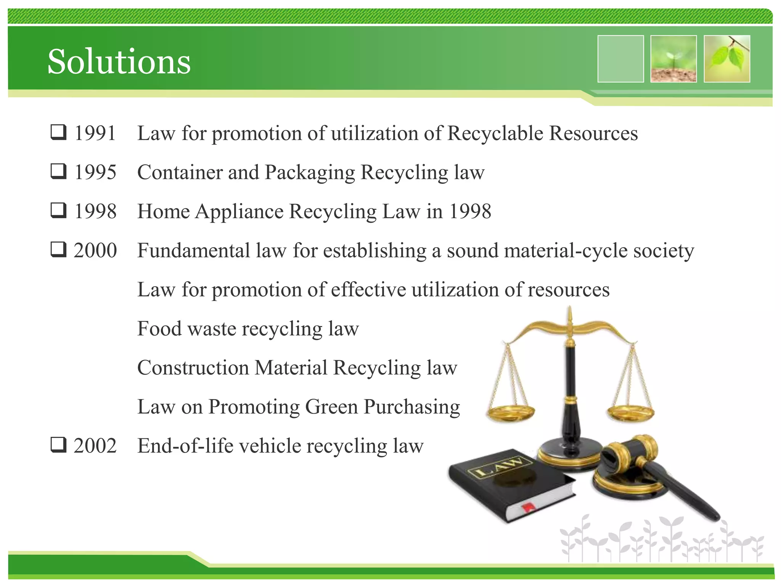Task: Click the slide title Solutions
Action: (119, 62)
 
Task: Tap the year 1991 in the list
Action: (95, 134)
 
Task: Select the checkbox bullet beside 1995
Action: (59, 171)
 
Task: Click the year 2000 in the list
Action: (95, 251)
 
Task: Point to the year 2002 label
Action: (95, 446)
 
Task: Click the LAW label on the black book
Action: (500, 467)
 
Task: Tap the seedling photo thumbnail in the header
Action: (673, 59)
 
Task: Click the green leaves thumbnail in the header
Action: (727, 59)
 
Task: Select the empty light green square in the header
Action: (620, 59)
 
